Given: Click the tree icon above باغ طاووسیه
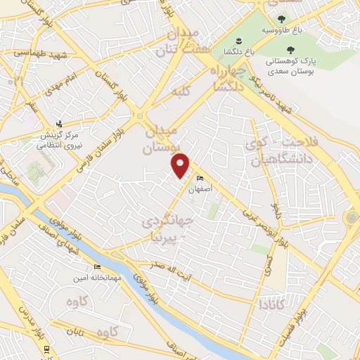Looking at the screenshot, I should tap(282, 19).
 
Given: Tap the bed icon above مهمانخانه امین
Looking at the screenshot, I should tap(98, 267).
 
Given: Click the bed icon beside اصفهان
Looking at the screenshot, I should tap(201, 179).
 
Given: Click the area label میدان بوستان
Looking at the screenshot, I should tap(163, 140).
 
